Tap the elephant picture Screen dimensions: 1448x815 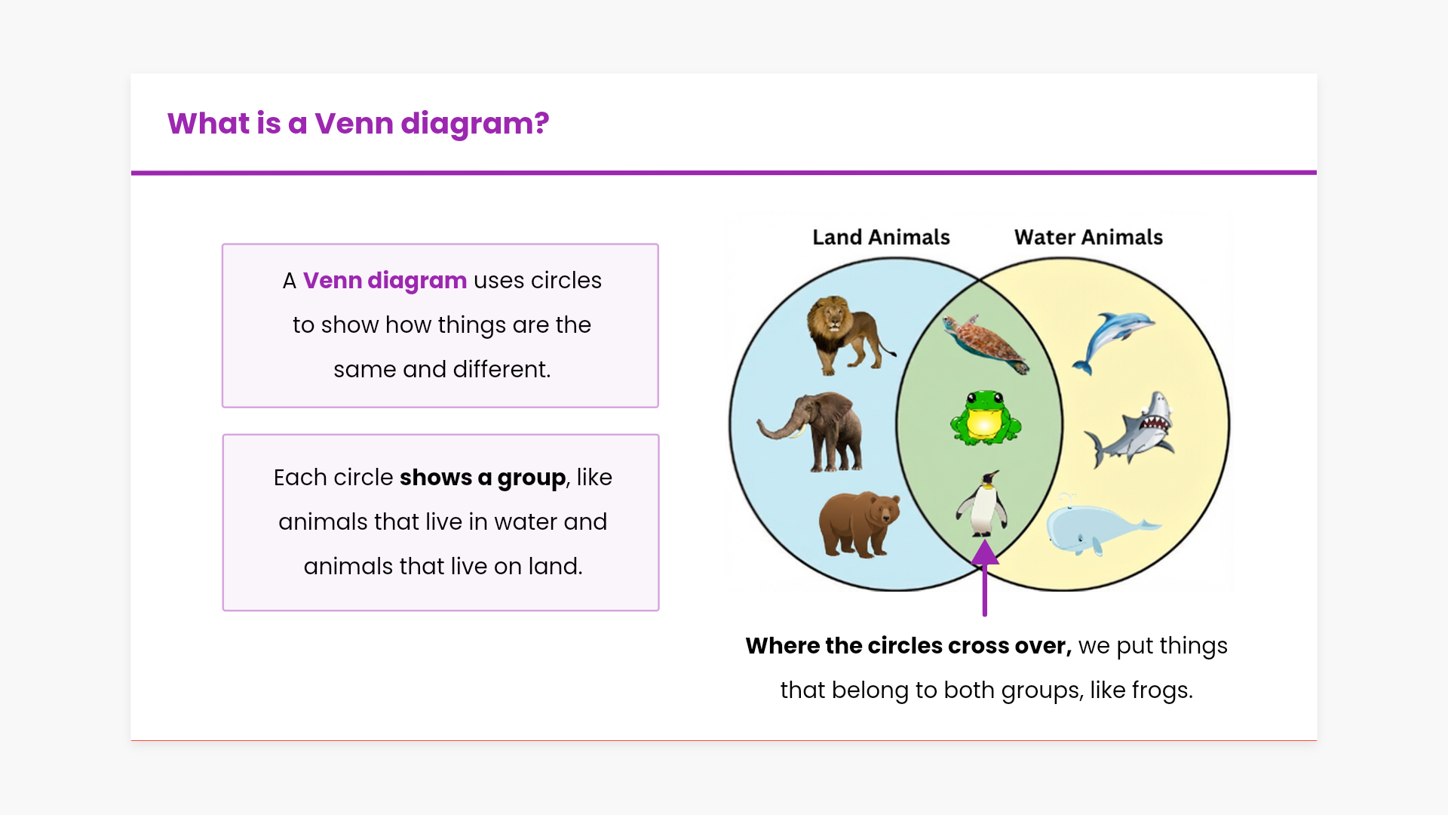(x=811, y=432)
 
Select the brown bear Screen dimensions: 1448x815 (x=860, y=524)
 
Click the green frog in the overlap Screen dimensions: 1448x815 (x=985, y=417)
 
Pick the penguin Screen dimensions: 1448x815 (x=983, y=503)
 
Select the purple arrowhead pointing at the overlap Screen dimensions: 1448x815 (x=985, y=552)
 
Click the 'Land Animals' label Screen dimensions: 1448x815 (x=881, y=237)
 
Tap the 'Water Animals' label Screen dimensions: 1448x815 (x=1088, y=237)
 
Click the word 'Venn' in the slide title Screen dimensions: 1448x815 (x=354, y=123)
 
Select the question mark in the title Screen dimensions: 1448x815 (x=541, y=123)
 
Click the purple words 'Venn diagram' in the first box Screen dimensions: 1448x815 (x=385, y=281)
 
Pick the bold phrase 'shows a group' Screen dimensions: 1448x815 (x=483, y=478)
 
